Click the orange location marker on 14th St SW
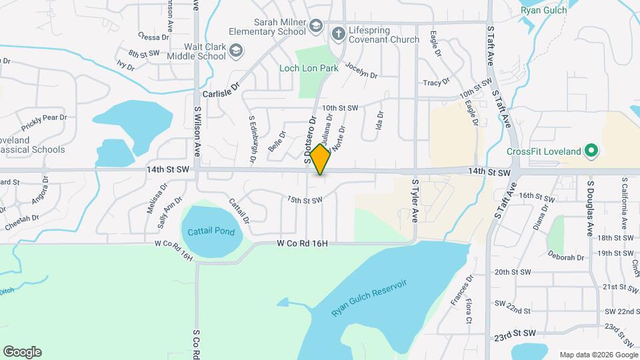(321, 159)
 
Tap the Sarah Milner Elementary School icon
(316, 28)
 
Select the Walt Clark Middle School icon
(236, 51)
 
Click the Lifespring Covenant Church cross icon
(338, 33)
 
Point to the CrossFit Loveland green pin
(590, 151)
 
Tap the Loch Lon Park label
(319, 68)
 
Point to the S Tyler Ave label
(415, 199)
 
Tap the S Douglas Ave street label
(590, 207)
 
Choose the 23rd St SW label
(515, 333)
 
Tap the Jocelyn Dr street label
(361, 72)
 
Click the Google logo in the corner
(22, 352)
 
